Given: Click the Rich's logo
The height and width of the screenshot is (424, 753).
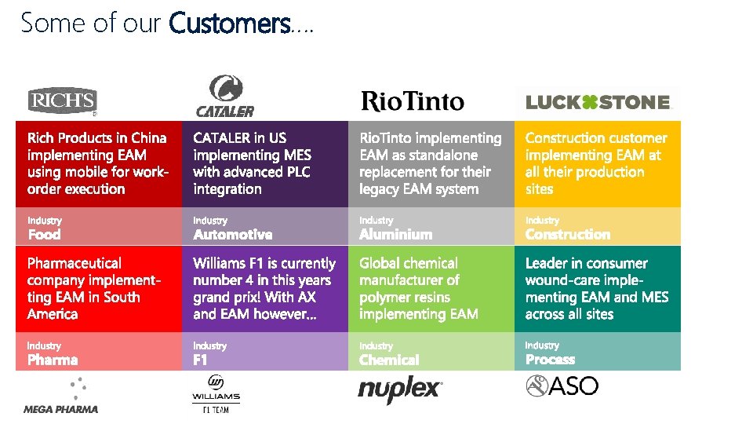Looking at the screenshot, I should tap(62, 101).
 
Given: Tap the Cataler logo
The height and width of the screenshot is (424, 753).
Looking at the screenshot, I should tap(224, 97).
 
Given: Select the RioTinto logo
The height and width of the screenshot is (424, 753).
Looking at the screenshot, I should tap(412, 101).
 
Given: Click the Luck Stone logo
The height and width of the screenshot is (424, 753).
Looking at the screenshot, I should tap(598, 102).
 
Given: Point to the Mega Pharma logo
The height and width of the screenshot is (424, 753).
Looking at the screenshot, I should tap(61, 397).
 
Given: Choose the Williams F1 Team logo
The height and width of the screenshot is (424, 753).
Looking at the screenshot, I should tap(216, 393).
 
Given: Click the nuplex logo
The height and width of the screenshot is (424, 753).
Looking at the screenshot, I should tap(400, 390).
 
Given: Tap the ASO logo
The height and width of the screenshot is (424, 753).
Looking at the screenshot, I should tap(562, 386).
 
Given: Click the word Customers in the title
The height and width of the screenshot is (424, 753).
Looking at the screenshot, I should tap(229, 24).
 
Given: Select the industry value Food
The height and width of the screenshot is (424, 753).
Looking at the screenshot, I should tap(44, 235).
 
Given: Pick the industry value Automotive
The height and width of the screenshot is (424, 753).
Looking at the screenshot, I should tap(233, 235).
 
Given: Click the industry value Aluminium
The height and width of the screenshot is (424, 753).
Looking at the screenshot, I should tap(395, 235).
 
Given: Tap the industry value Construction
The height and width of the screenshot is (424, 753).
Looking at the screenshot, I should tap(567, 235).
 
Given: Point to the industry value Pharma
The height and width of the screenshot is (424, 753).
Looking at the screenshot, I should tap(53, 360).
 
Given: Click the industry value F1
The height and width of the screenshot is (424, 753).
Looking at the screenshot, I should tap(201, 360).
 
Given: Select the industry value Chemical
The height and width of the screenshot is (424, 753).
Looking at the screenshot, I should tap(389, 360).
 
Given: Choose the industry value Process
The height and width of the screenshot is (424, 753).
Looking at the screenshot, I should tap(550, 360).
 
